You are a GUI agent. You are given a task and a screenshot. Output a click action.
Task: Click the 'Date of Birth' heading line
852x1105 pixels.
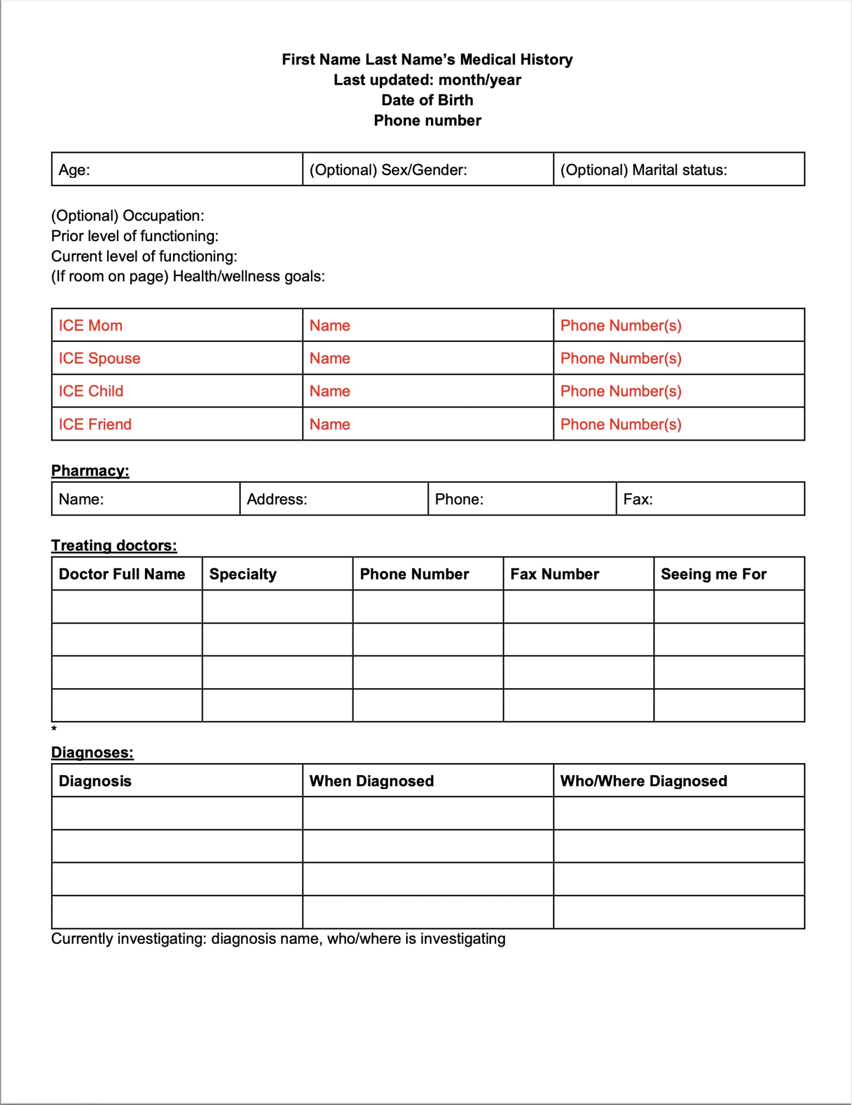point(427,100)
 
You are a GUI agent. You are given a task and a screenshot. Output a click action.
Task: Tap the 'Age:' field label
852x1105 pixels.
point(74,170)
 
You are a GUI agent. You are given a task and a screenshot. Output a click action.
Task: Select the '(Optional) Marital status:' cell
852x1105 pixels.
point(644,170)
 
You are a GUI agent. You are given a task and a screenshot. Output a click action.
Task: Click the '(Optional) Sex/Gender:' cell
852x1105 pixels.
point(388,170)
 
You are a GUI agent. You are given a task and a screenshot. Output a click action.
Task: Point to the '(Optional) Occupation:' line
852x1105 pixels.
point(128,216)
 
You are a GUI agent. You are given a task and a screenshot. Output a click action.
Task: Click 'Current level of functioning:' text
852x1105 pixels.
point(144,256)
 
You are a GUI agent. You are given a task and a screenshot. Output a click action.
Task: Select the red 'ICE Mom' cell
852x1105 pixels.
point(90,326)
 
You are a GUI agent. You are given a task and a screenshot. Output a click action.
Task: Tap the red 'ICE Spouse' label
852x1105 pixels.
point(100,359)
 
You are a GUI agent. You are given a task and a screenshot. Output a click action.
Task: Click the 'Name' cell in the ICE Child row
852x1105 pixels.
point(330,391)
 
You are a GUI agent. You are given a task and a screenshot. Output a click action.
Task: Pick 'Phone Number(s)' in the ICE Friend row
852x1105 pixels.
point(621,425)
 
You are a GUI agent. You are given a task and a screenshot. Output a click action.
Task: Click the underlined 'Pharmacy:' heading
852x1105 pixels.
point(90,471)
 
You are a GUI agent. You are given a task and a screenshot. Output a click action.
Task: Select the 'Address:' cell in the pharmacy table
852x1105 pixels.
point(277,499)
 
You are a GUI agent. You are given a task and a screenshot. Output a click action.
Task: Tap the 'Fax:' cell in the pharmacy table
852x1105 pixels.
point(638,499)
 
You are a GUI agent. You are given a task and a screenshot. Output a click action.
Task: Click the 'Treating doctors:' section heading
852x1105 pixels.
point(114,546)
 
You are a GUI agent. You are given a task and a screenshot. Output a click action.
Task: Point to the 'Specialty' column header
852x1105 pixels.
point(243,574)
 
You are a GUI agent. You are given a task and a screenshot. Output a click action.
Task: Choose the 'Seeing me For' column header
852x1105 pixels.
point(713,574)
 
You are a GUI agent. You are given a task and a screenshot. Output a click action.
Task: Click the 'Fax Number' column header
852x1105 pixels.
point(554,574)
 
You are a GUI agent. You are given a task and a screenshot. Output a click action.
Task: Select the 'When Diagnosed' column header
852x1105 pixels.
point(371,781)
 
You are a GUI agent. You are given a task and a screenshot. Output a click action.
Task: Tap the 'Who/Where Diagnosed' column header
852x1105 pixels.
point(644,781)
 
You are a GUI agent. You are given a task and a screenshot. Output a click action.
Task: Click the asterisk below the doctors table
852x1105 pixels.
point(54,729)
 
